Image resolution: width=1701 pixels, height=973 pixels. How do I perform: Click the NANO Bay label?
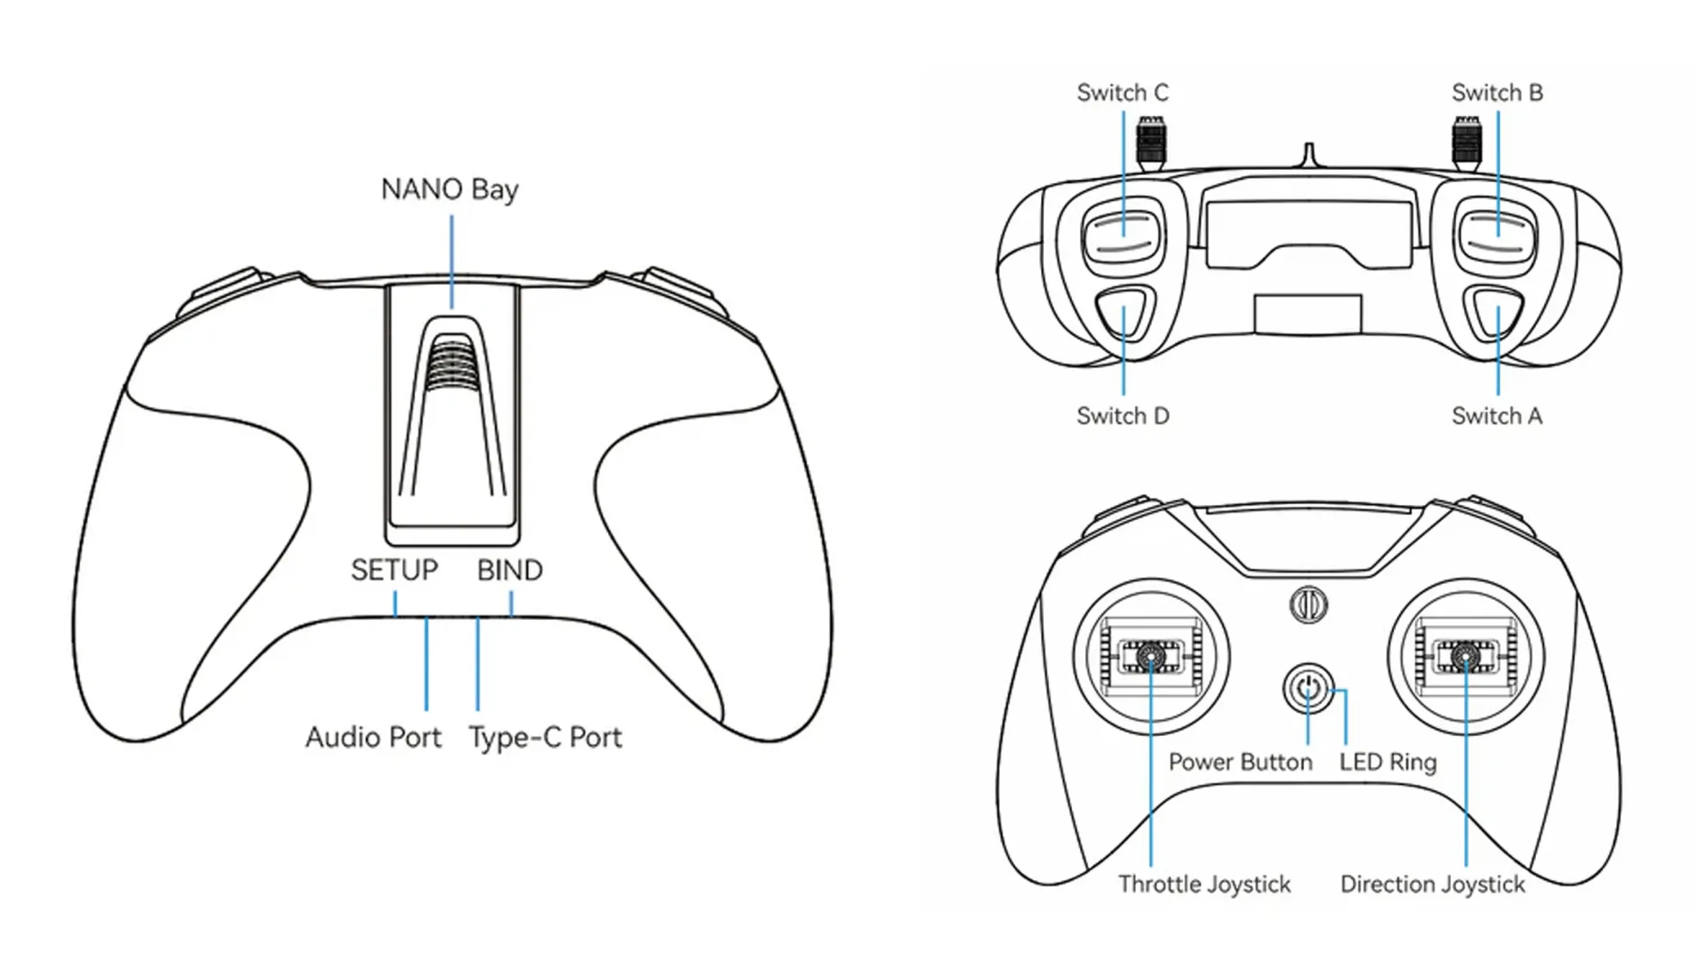[449, 190]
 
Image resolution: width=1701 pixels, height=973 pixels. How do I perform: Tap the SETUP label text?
[394, 570]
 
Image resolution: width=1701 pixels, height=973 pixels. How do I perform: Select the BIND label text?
[509, 570]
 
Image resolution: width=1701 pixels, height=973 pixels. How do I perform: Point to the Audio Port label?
[373, 738]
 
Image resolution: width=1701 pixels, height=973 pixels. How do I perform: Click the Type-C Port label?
[545, 738]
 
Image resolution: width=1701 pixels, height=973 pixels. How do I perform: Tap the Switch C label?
[1122, 93]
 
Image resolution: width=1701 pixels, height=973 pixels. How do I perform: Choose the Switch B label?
[1497, 93]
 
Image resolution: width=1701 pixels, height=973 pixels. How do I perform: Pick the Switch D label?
[1122, 417]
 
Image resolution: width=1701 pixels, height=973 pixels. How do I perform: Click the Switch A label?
[1497, 417]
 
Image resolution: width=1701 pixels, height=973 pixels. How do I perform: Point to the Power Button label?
[1240, 763]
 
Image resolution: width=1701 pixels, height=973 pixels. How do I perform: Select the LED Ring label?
[1387, 763]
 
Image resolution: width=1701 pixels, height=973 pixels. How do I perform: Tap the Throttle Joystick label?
[1204, 885]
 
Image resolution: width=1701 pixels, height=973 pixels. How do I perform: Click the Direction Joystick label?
[1432, 885]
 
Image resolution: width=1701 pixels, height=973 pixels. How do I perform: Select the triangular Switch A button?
[1497, 313]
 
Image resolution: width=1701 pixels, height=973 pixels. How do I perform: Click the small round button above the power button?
[1308, 605]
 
